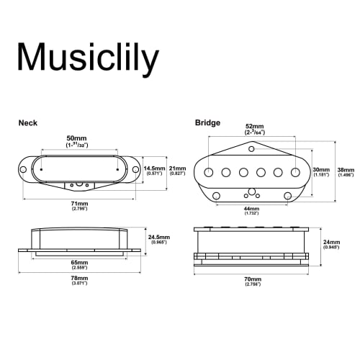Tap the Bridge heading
pos(207,123)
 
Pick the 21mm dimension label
pos(178,168)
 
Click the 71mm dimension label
pos(79,204)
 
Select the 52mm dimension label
pos(255,126)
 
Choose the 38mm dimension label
pos(346,169)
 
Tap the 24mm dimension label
pos(330,242)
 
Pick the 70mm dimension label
pos(252,279)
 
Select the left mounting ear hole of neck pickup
pos(24,171)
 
